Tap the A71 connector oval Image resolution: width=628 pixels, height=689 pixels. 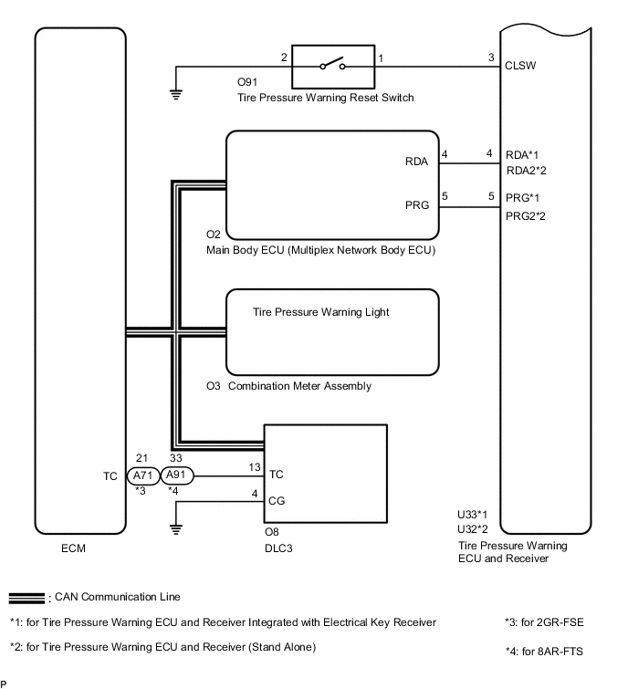(142, 475)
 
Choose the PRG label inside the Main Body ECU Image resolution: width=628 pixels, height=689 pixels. (416, 206)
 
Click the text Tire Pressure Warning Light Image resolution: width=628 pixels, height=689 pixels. (320, 312)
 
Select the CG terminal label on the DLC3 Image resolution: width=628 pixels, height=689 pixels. (277, 500)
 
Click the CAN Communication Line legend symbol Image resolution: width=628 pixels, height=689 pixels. (26, 598)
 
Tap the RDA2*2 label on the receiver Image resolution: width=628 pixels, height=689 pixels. (527, 170)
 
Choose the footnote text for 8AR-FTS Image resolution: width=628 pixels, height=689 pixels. (544, 651)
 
